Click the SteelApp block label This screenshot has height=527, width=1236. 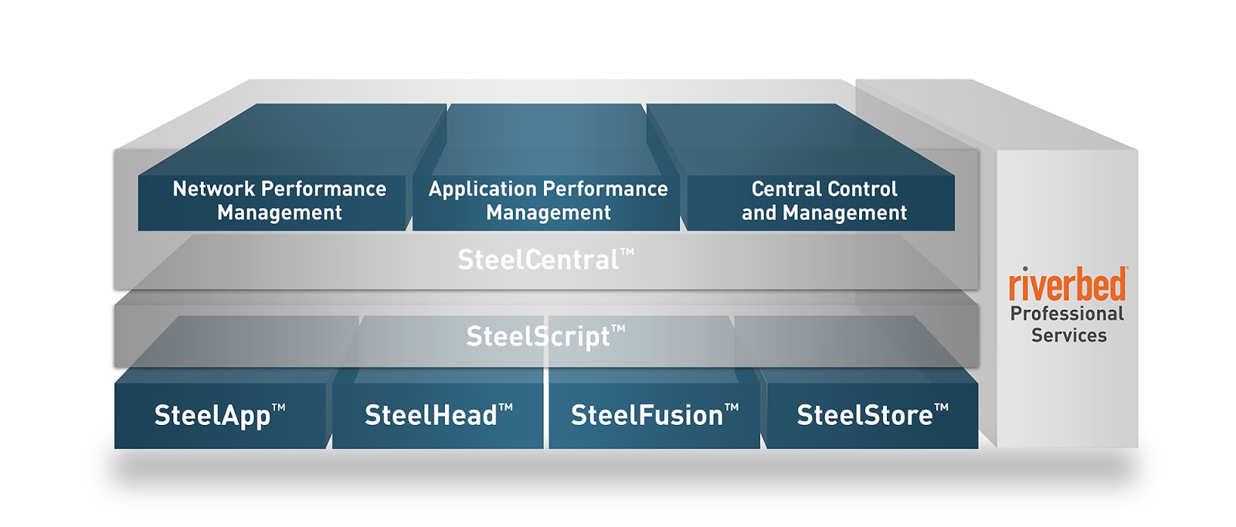click(x=219, y=416)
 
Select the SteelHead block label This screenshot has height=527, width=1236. click(x=439, y=415)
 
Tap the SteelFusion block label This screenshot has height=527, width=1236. click(x=654, y=415)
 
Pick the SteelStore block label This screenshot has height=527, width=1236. click(x=872, y=415)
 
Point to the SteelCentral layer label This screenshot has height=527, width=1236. click(x=545, y=260)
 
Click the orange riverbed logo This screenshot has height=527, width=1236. click(x=1068, y=284)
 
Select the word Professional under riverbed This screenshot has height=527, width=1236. click(x=1067, y=314)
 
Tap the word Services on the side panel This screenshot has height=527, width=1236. click(x=1069, y=335)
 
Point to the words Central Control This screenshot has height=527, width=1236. click(x=824, y=189)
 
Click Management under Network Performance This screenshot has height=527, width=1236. click(x=279, y=212)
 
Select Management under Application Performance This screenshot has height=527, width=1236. click(x=548, y=212)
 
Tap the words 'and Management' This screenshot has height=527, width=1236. click(x=824, y=212)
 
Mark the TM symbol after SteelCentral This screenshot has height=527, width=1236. click(x=627, y=252)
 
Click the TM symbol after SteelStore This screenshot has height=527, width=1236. click(x=942, y=408)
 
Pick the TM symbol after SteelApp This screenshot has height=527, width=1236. click(x=279, y=408)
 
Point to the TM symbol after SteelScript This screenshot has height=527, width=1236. click(x=619, y=328)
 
